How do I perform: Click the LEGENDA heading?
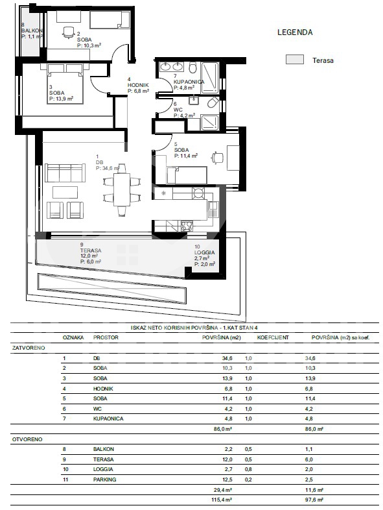(295, 32)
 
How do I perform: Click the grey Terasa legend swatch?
(295, 59)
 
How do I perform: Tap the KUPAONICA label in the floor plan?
(189, 82)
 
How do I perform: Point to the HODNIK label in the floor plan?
(138, 85)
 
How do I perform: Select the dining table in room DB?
(122, 190)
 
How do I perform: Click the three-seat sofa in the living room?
(65, 173)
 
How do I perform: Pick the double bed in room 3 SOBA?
(65, 84)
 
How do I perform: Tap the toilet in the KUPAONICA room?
(192, 67)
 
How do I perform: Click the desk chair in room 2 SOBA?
(68, 32)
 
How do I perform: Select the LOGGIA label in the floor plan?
(205, 252)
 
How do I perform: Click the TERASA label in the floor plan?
(91, 250)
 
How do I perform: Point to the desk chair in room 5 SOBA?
(218, 158)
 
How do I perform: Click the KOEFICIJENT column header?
(273, 337)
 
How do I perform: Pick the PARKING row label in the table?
(104, 480)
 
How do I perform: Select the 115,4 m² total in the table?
(222, 500)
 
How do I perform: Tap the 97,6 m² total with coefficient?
(314, 500)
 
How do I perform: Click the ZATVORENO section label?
(29, 348)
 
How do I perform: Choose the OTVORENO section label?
(27, 439)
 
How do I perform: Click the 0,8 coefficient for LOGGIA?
(248, 469)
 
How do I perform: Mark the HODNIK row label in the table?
(103, 389)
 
